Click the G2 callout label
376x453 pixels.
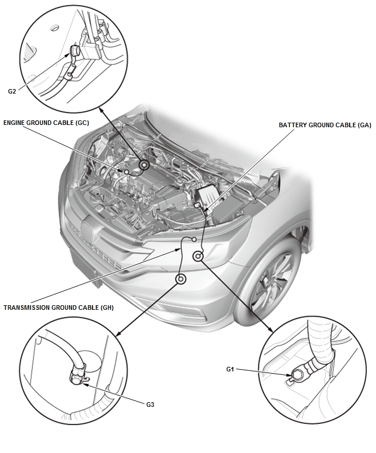(11, 91)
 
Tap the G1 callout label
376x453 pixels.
(230, 369)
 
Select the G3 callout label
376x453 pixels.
(150, 405)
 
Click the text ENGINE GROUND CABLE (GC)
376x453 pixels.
(46, 123)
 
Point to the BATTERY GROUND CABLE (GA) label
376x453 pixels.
(325, 125)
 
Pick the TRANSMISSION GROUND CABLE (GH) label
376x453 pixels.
(58, 308)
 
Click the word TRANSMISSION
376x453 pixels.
(27, 308)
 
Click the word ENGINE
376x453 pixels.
(14, 123)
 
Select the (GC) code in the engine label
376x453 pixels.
(82, 123)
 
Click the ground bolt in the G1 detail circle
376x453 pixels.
(297, 375)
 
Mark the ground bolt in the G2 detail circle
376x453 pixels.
(74, 51)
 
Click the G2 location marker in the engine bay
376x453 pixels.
(144, 165)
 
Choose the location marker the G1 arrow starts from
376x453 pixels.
(198, 256)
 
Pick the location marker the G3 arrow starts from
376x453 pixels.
(181, 279)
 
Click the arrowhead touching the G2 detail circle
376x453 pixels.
(101, 110)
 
